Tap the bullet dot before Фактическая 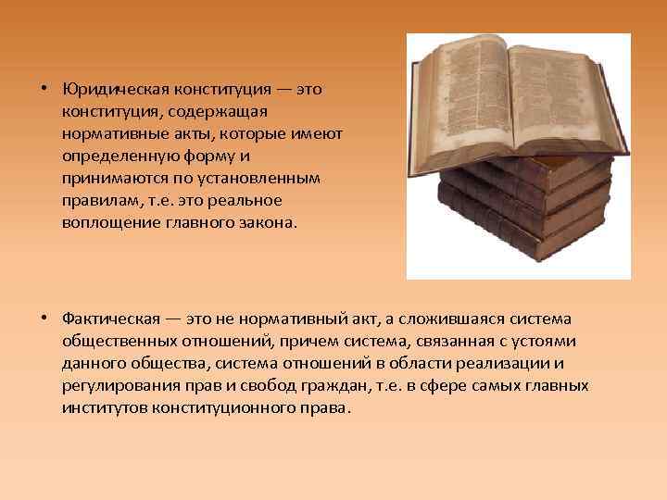click(x=44, y=319)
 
